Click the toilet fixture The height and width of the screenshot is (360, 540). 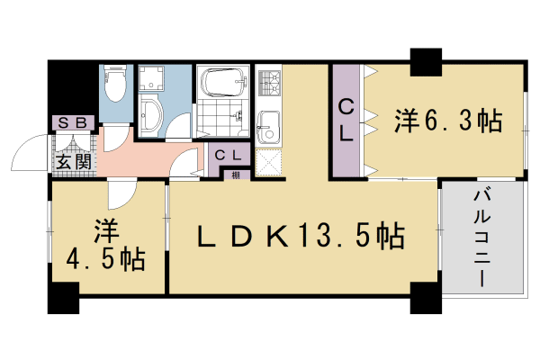[114, 86]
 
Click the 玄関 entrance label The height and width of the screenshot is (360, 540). [72, 162]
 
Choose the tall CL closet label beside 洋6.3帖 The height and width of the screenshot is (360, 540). [346, 119]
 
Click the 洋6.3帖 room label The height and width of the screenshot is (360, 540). [446, 119]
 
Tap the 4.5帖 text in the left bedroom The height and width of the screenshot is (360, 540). [106, 260]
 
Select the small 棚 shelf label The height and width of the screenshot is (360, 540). [235, 174]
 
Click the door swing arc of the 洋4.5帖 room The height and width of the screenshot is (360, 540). [120, 193]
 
